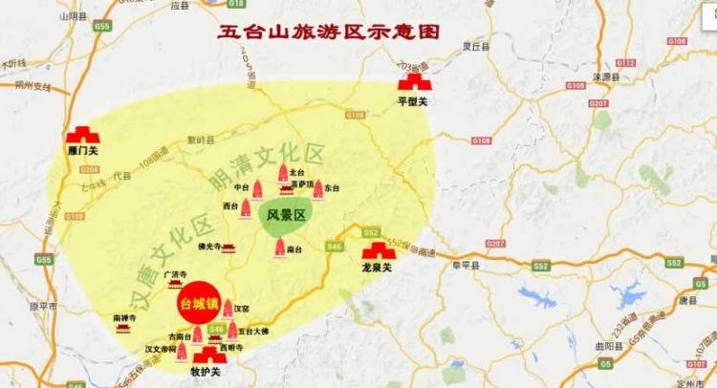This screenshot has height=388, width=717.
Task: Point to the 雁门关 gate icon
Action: tap(82, 136)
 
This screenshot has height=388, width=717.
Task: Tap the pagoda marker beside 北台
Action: tap(283, 173)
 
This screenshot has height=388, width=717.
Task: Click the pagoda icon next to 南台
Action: tap(280, 248)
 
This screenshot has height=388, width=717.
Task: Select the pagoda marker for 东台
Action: tap(317, 189)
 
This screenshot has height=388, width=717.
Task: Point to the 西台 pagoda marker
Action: tap(247, 205)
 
